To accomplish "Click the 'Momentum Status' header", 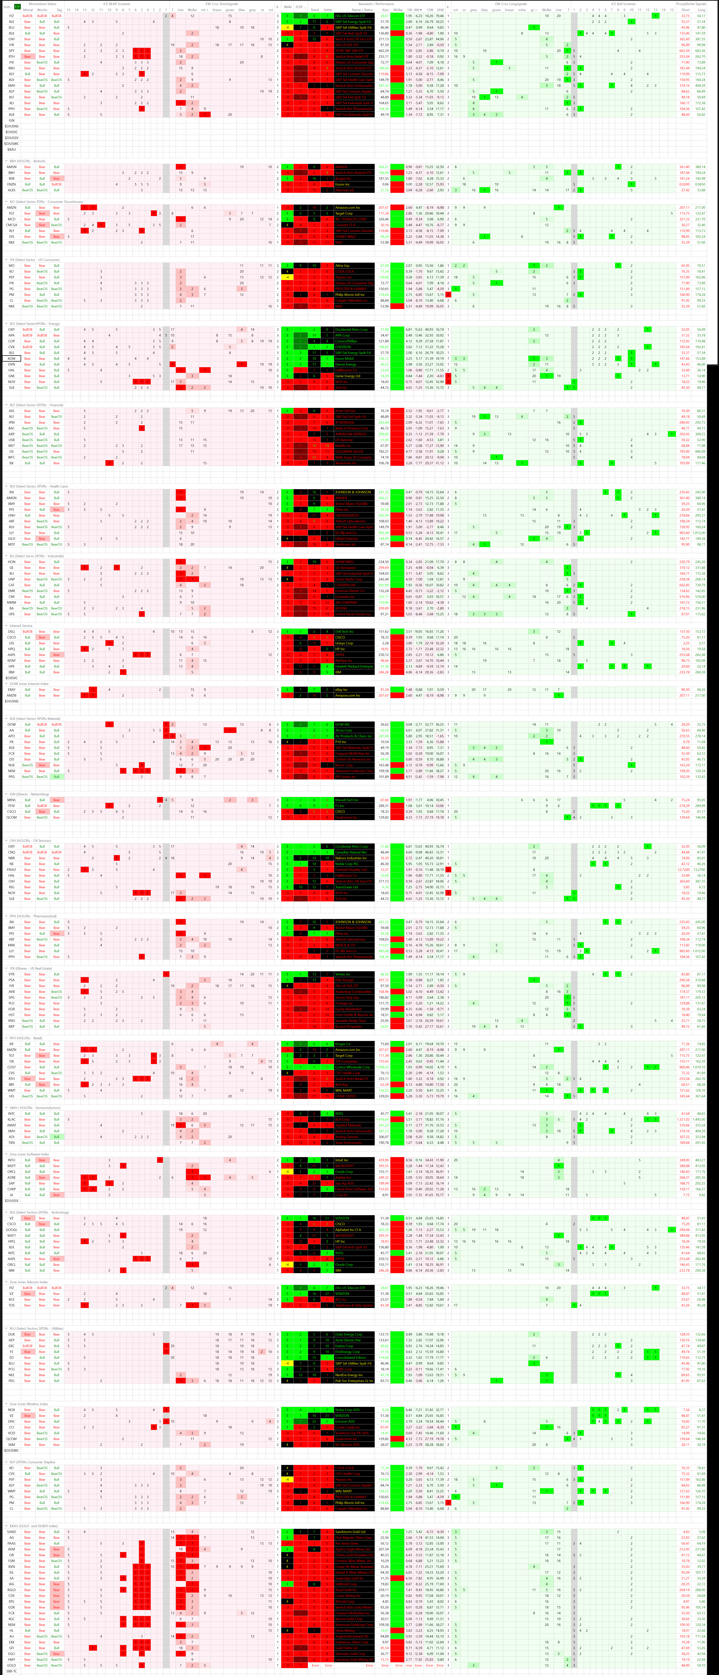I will tap(42, 4).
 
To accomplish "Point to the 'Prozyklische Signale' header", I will tap(690, 4).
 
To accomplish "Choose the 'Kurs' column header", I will tap(385, 10).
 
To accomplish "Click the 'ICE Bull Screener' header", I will tap(623, 4).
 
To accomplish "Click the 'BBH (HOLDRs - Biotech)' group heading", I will tap(26, 161).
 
